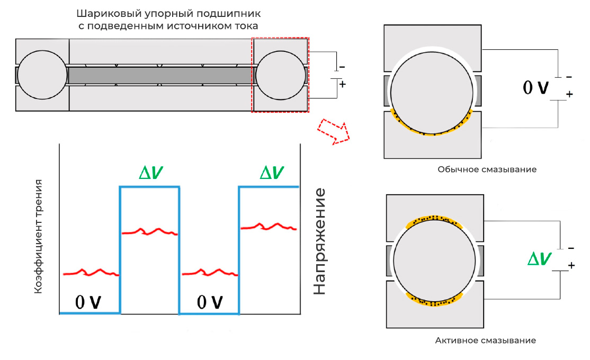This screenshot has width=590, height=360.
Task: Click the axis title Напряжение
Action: (x=319, y=242)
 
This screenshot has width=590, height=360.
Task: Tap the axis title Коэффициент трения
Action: (x=38, y=237)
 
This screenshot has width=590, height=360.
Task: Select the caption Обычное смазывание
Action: (x=487, y=169)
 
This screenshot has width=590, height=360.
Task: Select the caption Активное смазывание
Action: (x=485, y=340)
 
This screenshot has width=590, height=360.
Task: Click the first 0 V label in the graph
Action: (x=88, y=302)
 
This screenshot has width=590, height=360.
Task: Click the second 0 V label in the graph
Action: (x=210, y=302)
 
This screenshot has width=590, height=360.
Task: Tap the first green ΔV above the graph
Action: (x=151, y=173)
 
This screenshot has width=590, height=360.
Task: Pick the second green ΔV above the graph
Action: (x=272, y=173)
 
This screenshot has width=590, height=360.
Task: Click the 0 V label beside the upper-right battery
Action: (x=536, y=88)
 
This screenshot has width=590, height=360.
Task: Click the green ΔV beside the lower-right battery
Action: (x=540, y=259)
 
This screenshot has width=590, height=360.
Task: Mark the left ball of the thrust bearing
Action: (x=42, y=75)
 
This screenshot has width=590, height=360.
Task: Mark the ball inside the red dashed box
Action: (x=281, y=75)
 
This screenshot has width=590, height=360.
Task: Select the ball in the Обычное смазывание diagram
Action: (x=432, y=93)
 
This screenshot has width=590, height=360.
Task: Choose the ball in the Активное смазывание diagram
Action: (x=435, y=260)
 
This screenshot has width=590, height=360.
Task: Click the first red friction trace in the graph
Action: (x=91, y=272)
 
